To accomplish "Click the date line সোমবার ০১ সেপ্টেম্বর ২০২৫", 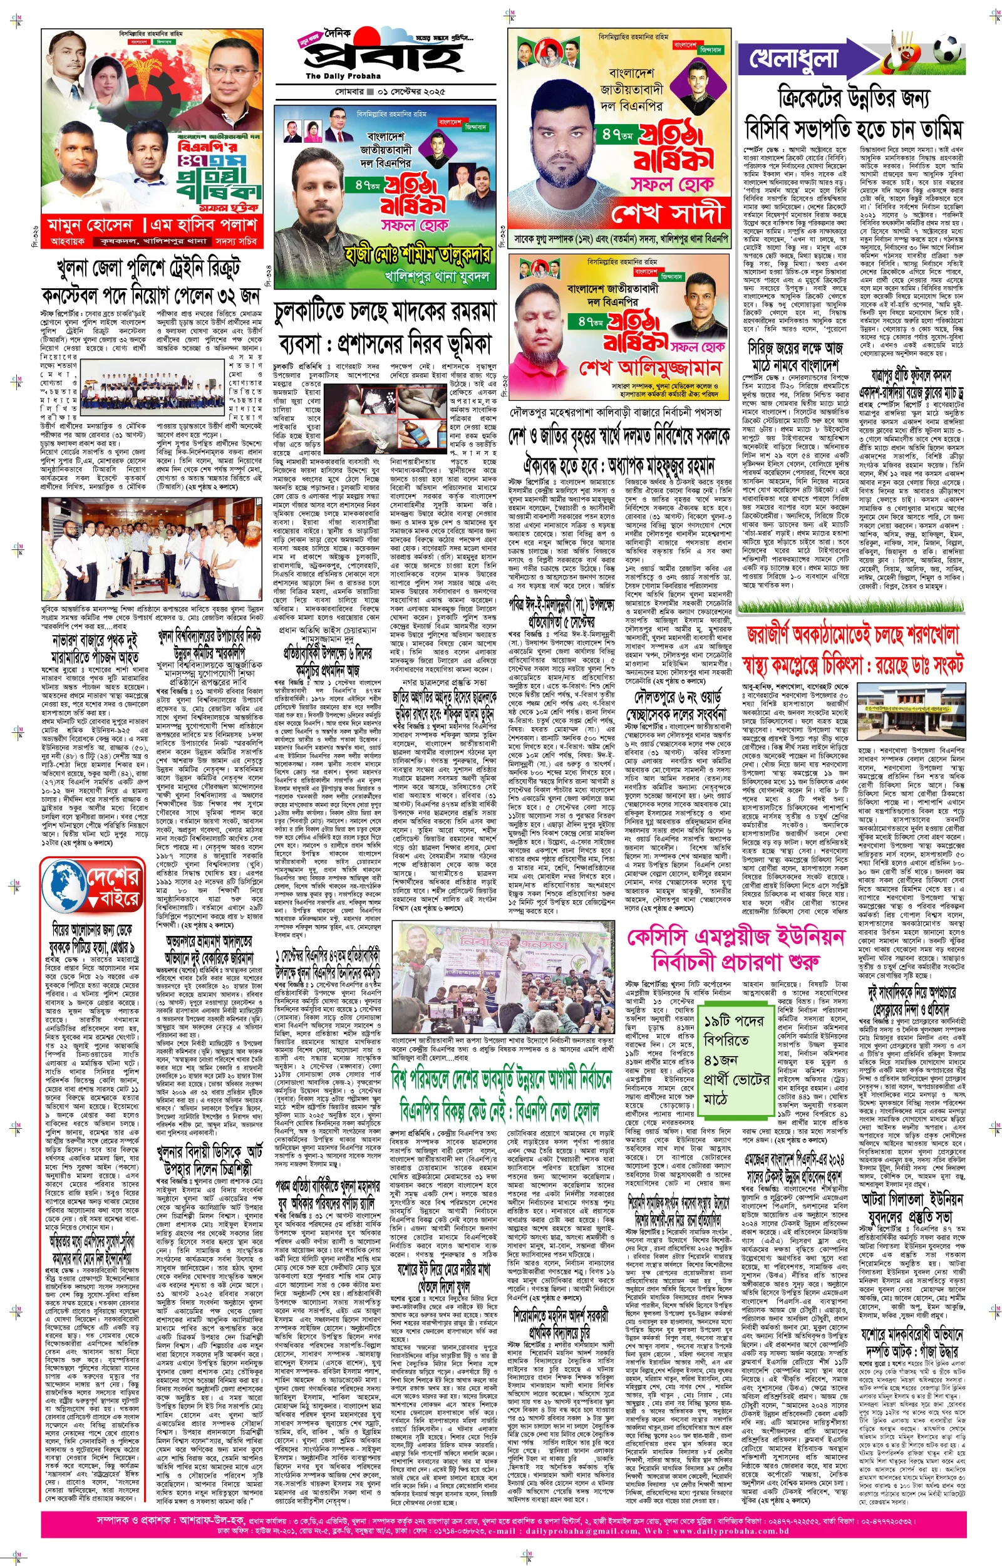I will pyautogui.click(x=390, y=91).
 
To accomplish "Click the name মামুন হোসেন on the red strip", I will pyautogui.click(x=90, y=225).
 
